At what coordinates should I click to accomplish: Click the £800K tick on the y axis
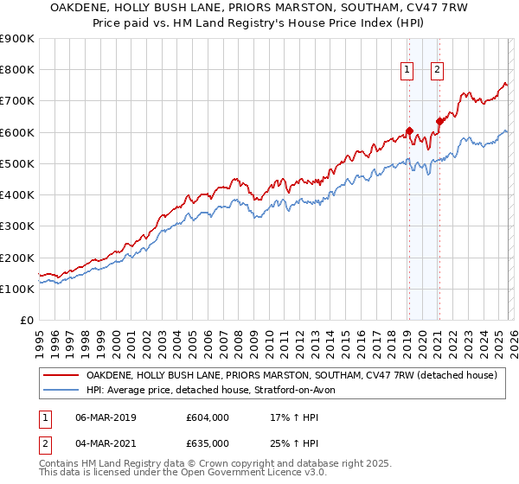point(17,70)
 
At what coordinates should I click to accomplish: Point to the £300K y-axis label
point(17,226)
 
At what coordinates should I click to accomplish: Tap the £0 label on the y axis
point(27,321)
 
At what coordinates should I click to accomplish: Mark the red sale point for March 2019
point(409,131)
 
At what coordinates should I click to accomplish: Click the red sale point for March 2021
point(439,122)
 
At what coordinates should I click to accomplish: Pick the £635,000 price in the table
point(208,443)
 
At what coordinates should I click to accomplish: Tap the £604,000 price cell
point(208,418)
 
